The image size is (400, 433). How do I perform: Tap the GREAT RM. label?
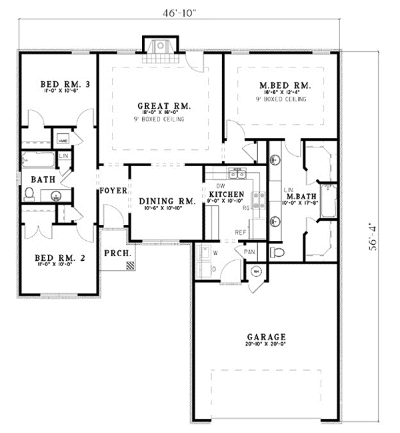tap(165, 105)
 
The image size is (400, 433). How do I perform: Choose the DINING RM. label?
tap(167, 201)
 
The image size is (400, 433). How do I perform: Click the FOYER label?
tap(113, 191)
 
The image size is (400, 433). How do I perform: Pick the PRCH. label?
tap(117, 254)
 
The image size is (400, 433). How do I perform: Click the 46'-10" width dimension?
tap(181, 13)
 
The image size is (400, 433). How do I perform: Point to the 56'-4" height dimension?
tap(377, 236)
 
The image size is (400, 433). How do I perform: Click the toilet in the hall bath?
tap(29, 194)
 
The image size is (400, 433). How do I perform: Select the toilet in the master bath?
tap(279, 252)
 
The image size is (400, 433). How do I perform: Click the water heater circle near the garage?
tap(256, 272)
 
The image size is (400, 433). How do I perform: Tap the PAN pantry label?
tap(250, 252)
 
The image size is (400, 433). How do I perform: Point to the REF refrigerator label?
tap(241, 232)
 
